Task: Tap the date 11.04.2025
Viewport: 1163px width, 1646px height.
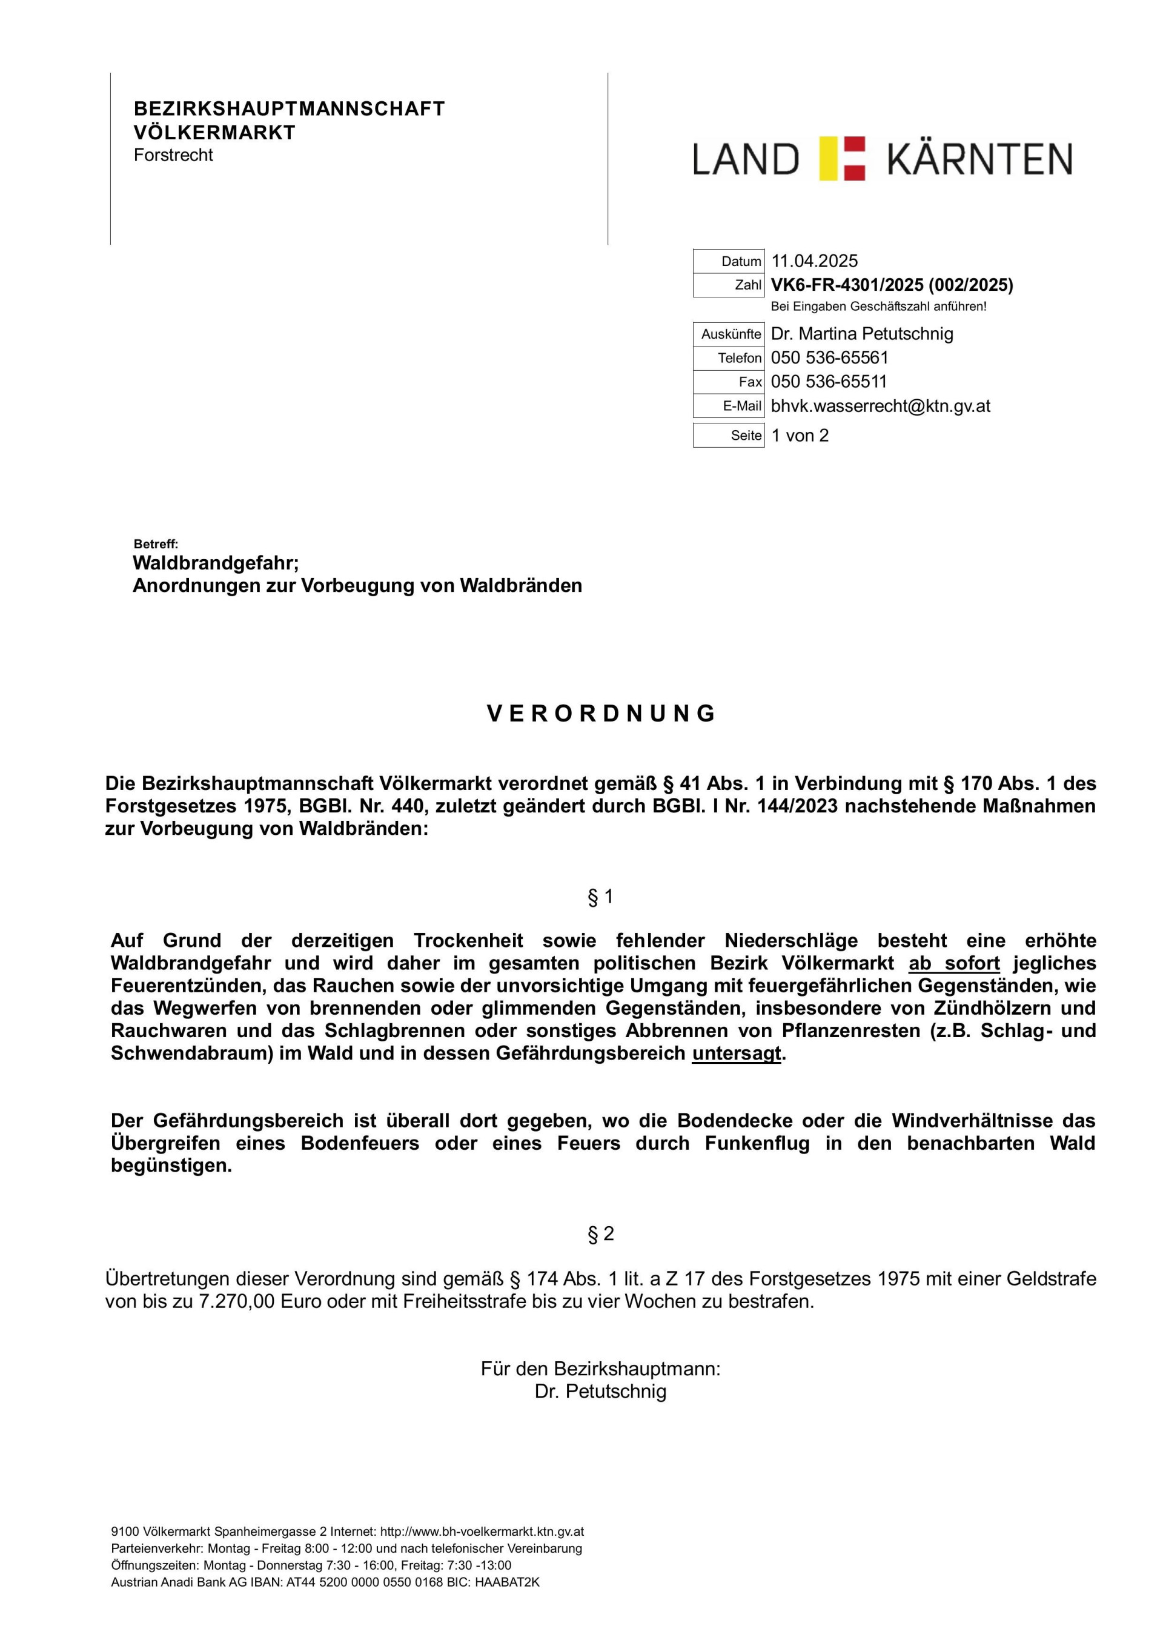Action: [x=814, y=261]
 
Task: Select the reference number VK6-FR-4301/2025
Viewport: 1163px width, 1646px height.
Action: [x=847, y=285]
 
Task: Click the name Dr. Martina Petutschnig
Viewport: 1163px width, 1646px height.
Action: [x=862, y=334]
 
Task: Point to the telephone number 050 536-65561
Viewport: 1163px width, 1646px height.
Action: [x=830, y=357]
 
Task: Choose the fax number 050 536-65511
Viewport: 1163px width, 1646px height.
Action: [x=829, y=382]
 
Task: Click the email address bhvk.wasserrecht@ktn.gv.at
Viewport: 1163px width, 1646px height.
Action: [x=881, y=406]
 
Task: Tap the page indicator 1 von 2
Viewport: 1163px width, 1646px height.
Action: [x=800, y=435]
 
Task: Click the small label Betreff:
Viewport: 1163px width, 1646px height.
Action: [x=156, y=545]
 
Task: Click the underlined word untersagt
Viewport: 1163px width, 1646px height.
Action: [x=737, y=1054]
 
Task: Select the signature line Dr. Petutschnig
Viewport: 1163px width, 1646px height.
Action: [x=600, y=1392]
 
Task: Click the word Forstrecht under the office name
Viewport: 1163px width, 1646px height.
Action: [x=173, y=155]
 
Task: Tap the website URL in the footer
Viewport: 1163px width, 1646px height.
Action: [x=482, y=1532]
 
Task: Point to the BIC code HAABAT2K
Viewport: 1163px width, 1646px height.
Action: [x=507, y=1582]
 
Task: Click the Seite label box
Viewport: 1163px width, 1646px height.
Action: [x=729, y=435]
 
